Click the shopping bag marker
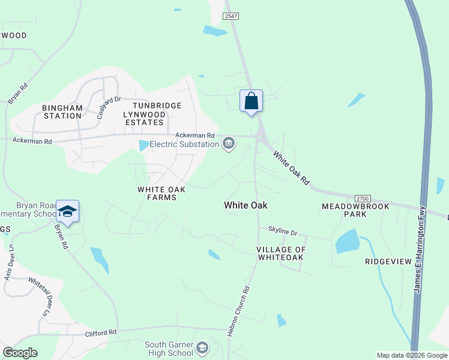click(x=252, y=101)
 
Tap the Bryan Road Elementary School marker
click(x=68, y=211)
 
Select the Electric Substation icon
click(x=229, y=143)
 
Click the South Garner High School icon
click(x=203, y=347)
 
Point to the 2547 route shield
click(x=231, y=17)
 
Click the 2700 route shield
click(x=363, y=198)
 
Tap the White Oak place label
click(x=246, y=205)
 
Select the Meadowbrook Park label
click(x=355, y=210)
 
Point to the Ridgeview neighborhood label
click(x=388, y=262)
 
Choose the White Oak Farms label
click(x=161, y=193)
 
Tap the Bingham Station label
click(x=62, y=112)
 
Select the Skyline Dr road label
click(x=282, y=231)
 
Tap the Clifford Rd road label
click(x=100, y=332)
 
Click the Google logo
click(x=20, y=353)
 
